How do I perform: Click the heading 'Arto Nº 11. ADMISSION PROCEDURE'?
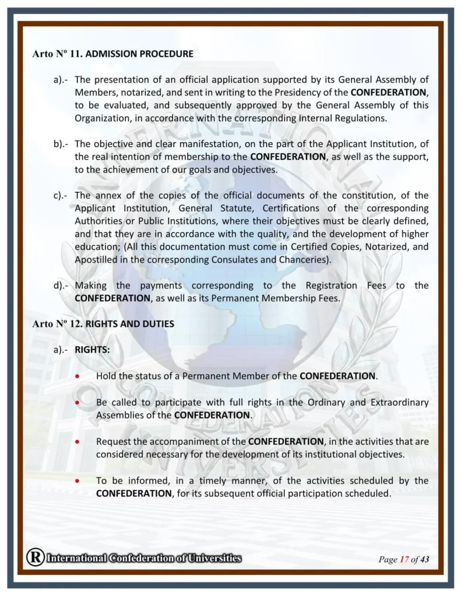[x=112, y=54]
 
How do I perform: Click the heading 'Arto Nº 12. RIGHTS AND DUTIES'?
[x=103, y=324]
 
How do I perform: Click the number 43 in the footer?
[x=424, y=560]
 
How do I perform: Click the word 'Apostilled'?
[x=96, y=260]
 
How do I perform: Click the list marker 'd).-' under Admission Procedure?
[x=61, y=285]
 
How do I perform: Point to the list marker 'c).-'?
[x=61, y=196]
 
